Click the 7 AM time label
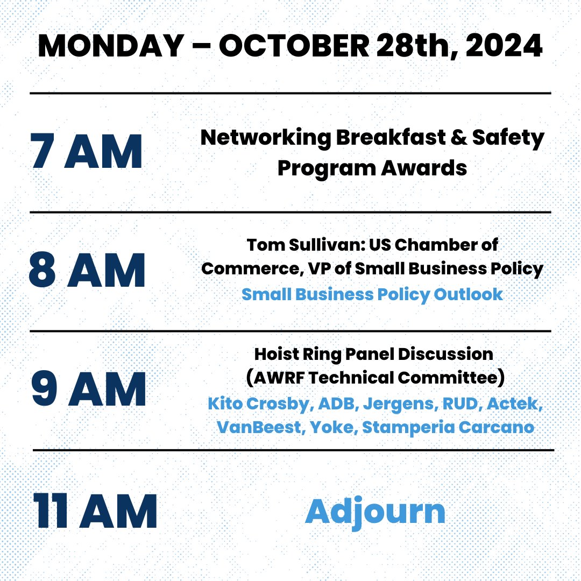click(x=86, y=152)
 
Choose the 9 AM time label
click(x=88, y=389)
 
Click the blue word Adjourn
click(x=375, y=512)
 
